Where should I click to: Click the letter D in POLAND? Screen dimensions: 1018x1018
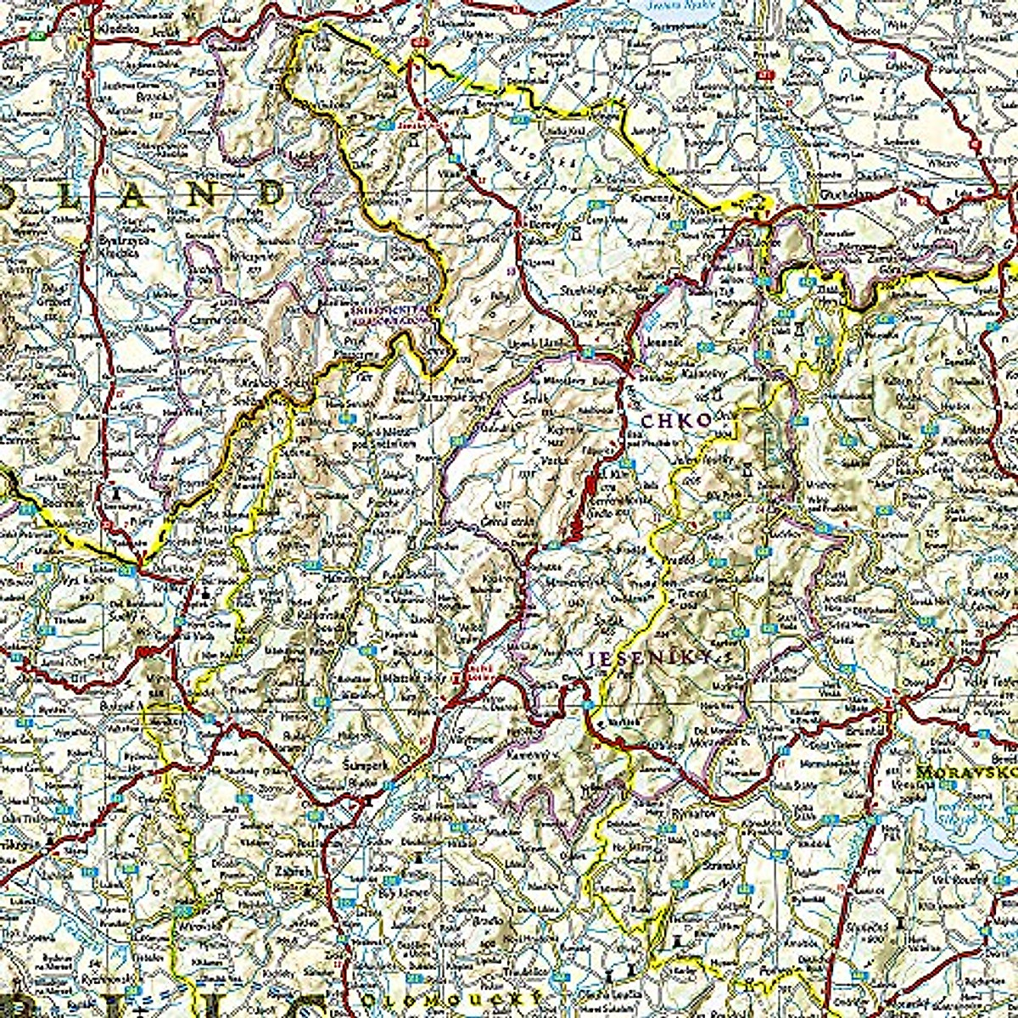pos(269,194)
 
